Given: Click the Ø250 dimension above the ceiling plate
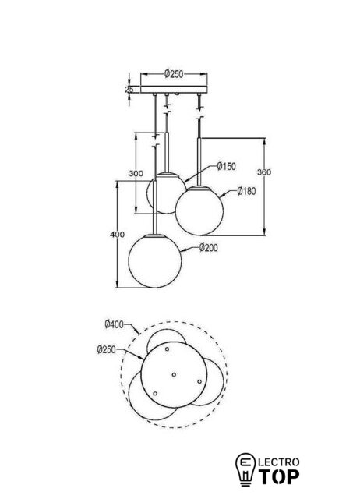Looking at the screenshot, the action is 174,74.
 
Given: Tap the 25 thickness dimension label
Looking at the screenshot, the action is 129,90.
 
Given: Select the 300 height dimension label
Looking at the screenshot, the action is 136,173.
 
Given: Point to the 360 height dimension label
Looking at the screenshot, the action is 264,172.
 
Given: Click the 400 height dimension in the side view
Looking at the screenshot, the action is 118,235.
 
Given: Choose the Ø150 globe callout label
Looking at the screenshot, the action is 227,166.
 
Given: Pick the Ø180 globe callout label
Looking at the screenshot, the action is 246,191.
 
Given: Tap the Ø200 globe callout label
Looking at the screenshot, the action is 209,248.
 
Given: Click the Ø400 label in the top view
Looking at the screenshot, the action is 114,324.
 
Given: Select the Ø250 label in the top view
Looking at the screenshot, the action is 107,350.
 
